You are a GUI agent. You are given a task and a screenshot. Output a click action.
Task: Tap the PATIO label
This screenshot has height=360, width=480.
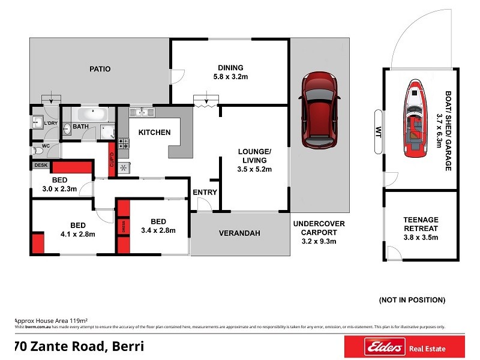(x=100, y=69)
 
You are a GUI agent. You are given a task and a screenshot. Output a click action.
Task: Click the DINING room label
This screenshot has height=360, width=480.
(x=230, y=67)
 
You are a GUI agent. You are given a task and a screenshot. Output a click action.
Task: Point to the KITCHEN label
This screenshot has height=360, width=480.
(x=154, y=132)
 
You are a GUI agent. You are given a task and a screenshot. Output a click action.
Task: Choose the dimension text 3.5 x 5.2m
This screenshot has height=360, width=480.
(x=254, y=169)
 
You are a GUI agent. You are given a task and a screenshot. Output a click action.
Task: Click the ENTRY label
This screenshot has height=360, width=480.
(x=204, y=192)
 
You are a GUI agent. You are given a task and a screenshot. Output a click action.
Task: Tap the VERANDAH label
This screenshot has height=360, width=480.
(x=239, y=233)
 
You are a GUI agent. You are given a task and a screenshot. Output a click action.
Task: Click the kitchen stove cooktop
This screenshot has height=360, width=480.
(x=123, y=144)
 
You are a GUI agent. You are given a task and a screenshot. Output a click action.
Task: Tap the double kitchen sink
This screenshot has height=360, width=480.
(x=142, y=112)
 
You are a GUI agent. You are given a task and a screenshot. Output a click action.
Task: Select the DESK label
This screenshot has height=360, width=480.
(x=41, y=165)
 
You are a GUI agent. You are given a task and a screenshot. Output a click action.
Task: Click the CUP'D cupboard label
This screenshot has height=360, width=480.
(x=112, y=161)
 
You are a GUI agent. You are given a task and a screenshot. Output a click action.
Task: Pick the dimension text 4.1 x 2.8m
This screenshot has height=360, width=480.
(x=77, y=234)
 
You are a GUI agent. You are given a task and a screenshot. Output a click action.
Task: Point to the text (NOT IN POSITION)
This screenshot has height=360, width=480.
(x=412, y=299)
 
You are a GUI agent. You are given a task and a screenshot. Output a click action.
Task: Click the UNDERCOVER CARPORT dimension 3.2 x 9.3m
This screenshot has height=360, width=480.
(x=319, y=241)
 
